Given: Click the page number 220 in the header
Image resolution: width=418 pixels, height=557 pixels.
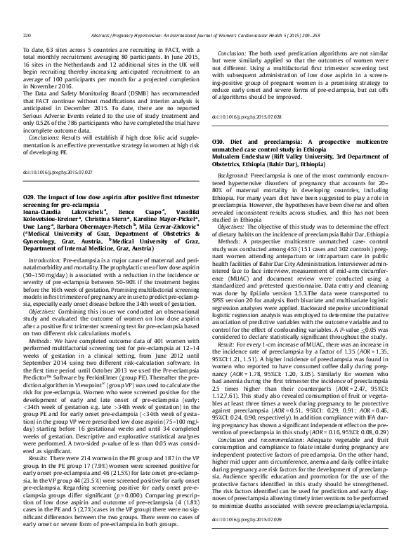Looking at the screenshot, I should click(27, 15).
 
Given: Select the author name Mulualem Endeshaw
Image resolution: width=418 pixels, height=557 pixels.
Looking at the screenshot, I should click(242, 157).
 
